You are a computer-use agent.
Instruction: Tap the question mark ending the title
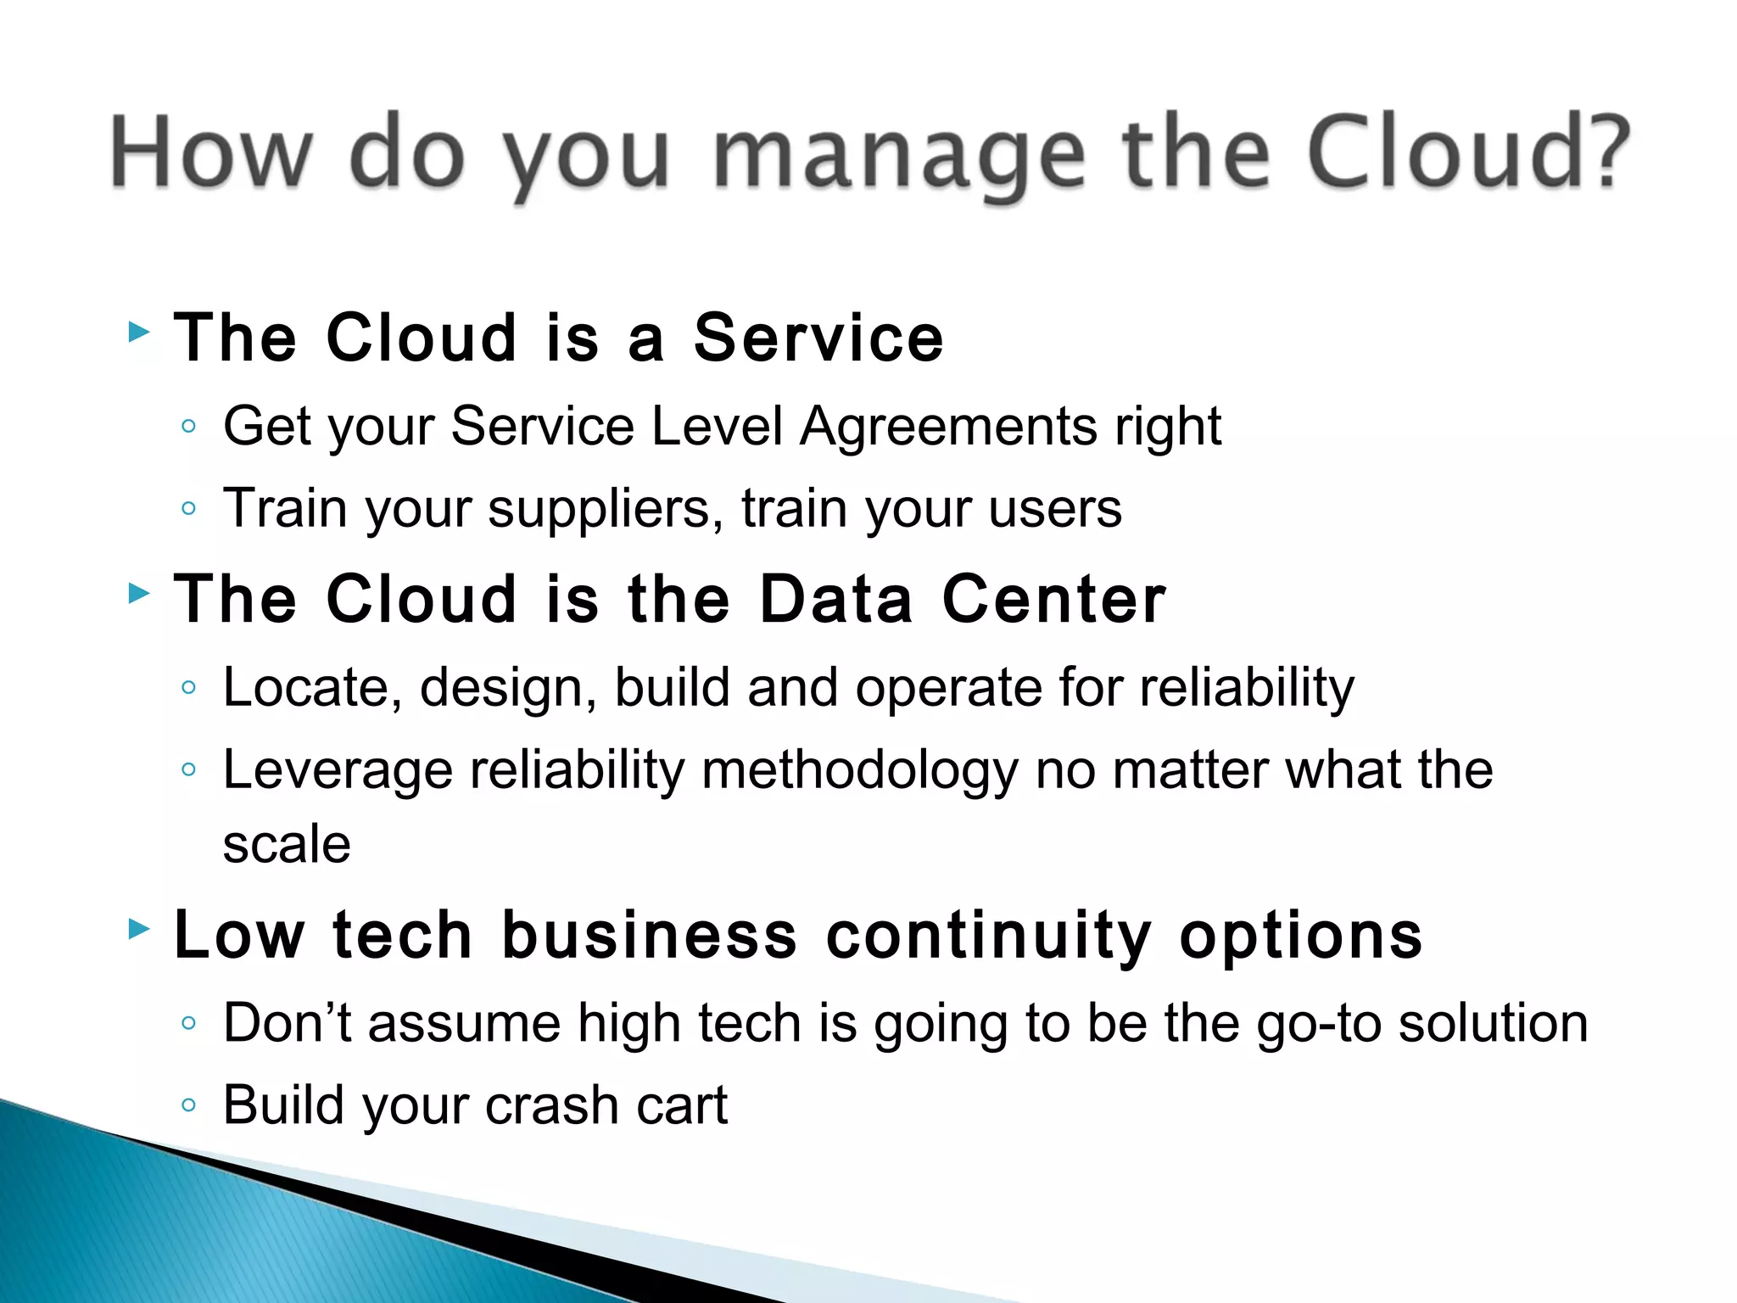coord(1606,151)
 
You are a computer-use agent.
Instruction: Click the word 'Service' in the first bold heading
coord(818,338)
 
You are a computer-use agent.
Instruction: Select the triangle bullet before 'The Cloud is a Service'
coord(139,332)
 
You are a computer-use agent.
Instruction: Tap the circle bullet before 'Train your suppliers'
coord(188,509)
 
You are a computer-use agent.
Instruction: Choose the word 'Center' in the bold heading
coord(1054,599)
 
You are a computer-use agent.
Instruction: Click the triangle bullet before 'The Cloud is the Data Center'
coord(139,593)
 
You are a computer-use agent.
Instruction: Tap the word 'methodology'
coord(860,772)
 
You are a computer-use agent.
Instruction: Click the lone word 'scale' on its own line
coord(287,845)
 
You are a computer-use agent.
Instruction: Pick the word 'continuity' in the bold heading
coord(989,935)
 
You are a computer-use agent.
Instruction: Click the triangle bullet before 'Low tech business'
coord(139,929)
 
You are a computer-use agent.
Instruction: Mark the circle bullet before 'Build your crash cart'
coord(188,1105)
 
